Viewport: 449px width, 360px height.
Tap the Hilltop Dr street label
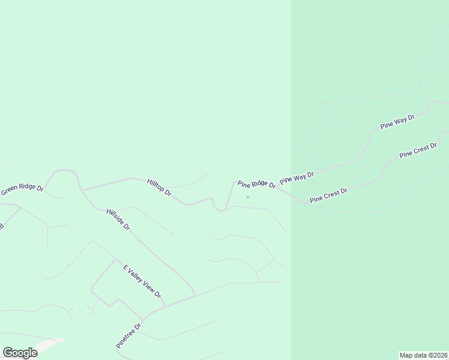tap(159, 187)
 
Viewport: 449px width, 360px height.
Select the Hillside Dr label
tap(118, 220)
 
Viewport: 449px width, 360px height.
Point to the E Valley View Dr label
tap(142, 281)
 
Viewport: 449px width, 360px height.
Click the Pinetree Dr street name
tap(128, 337)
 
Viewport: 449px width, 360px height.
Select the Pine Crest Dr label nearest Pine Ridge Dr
tap(328, 196)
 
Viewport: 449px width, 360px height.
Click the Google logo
tap(20, 353)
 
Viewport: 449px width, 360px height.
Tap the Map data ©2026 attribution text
tap(424, 355)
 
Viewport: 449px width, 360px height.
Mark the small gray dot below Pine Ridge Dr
tap(247, 197)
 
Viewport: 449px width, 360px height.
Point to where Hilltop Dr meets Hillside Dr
tap(82, 190)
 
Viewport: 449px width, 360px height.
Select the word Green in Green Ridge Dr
tap(11, 192)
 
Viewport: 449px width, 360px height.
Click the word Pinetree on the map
tap(125, 340)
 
